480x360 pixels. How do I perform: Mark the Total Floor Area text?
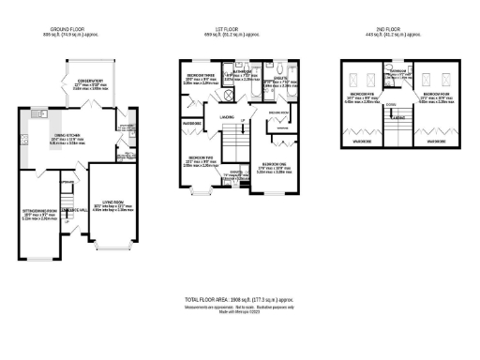click(239, 298)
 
